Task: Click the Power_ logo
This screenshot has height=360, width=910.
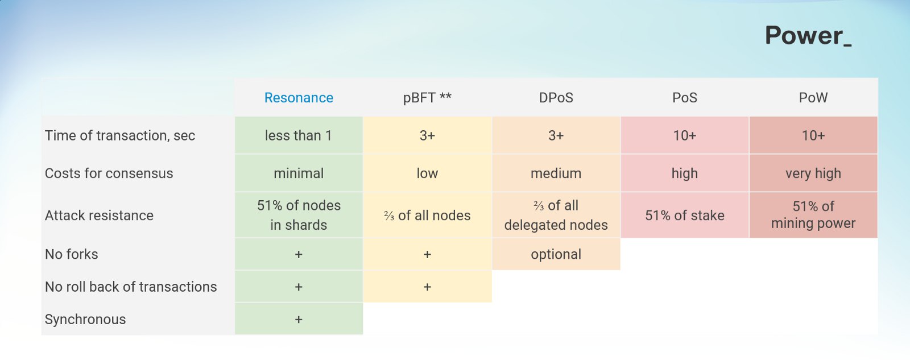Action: [808, 36]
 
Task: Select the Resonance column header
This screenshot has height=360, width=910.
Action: [299, 97]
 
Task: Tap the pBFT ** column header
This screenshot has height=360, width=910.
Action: [427, 97]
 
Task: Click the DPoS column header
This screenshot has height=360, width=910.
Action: [556, 97]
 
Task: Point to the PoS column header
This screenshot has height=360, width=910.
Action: [685, 97]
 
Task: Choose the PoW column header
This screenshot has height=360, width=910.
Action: [813, 97]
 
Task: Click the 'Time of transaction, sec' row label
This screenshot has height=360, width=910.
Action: [120, 135]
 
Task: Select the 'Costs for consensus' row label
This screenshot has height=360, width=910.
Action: [109, 173]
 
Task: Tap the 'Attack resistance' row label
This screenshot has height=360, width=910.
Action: [99, 216]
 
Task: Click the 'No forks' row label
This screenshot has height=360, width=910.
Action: [72, 254]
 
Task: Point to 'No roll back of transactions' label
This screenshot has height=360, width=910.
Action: [131, 287]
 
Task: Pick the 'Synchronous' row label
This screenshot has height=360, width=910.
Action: [85, 320]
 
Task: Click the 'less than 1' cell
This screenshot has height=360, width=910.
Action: [299, 135]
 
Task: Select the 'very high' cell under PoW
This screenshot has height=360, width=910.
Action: [813, 173]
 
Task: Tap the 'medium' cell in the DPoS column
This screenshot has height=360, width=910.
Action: [556, 173]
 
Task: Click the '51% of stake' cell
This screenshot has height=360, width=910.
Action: [685, 216]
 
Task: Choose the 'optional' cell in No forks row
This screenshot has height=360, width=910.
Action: [556, 254]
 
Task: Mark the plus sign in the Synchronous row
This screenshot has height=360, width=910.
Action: [299, 320]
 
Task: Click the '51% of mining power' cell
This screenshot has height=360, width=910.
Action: [813, 215]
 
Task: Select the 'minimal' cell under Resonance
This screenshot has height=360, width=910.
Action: [299, 173]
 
